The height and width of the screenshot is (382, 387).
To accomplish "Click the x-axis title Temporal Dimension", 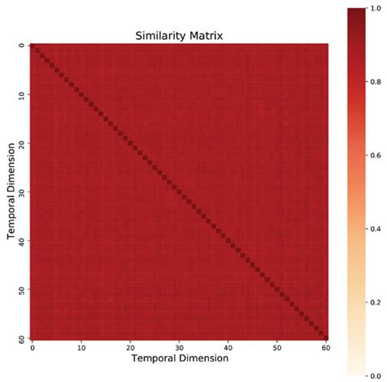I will [x=179, y=357].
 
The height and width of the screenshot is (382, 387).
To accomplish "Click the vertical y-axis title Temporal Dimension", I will [x=11, y=191].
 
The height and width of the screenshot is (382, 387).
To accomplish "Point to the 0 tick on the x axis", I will [x=32, y=345].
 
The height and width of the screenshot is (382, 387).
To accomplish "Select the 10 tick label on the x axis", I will [x=81, y=345].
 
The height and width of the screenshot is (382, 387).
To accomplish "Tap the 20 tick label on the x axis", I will [x=130, y=345].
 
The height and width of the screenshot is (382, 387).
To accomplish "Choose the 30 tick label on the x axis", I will [x=179, y=345].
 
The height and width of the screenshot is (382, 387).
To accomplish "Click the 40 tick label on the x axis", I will [x=228, y=345].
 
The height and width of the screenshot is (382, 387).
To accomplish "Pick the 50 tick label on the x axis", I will [x=277, y=345].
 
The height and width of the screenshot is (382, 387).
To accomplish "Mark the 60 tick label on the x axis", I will [x=326, y=345].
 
